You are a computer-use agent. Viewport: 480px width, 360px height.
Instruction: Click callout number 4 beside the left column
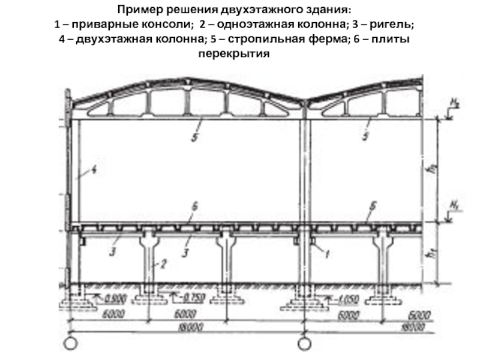94,170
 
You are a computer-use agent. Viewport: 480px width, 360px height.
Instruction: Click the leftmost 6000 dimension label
114,314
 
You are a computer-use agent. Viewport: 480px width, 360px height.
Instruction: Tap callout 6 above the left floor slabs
194,206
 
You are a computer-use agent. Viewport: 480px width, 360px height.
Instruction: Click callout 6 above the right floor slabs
372,206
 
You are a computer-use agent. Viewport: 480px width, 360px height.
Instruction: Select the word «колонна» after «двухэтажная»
140,40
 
